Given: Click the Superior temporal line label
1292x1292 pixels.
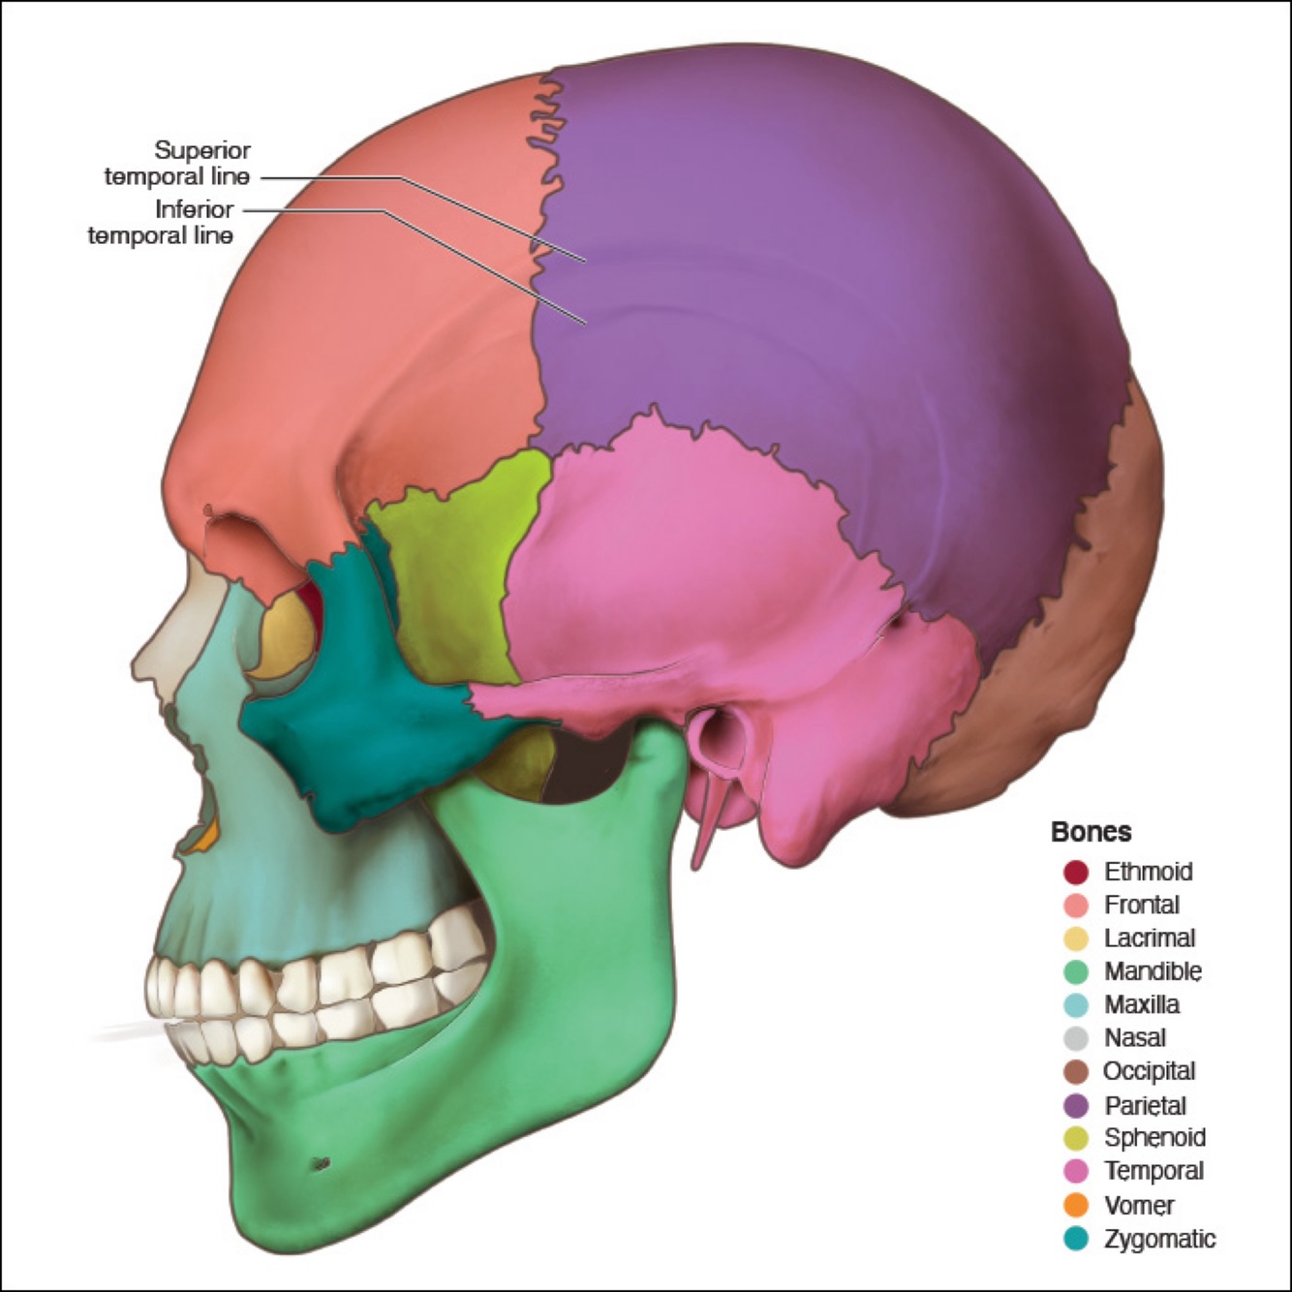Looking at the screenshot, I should [177, 164].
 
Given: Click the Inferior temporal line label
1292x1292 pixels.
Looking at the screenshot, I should [161, 222].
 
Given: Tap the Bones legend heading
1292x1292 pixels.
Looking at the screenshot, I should [1091, 832].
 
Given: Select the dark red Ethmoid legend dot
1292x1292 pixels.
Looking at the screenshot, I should [1076, 872].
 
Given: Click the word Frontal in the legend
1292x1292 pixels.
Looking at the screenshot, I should [1142, 905].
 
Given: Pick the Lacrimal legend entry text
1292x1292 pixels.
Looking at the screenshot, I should [1150, 938].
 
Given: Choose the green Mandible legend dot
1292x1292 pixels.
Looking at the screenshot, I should [1076, 971].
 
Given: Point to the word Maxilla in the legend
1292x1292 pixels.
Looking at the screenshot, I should [1142, 1004].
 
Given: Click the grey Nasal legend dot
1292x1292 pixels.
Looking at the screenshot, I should [1076, 1038].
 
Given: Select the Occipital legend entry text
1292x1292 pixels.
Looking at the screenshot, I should [1150, 1071].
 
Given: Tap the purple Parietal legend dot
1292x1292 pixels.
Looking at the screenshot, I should [1076, 1105].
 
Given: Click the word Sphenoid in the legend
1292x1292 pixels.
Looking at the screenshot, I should [1154, 1138].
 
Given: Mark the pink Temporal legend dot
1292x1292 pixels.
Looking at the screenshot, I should [1076, 1171].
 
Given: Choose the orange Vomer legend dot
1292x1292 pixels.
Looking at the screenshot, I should [1076, 1205].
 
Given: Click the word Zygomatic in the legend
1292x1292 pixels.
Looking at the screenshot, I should [1159, 1239].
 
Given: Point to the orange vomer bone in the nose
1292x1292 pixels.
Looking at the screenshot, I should [202, 840].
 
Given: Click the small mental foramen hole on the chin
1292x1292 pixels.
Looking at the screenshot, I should [321, 1162].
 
